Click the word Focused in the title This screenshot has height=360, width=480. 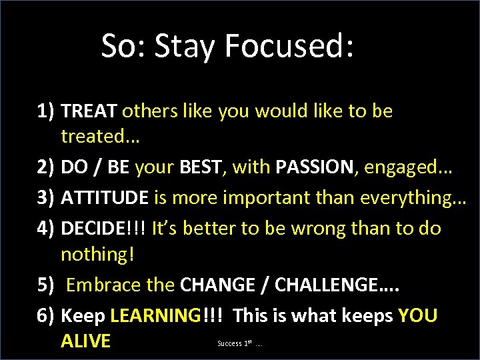[x=289, y=47]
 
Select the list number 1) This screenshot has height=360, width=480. [x=47, y=111]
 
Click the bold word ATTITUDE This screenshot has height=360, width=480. [x=105, y=199]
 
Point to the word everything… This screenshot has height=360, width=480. [x=410, y=199]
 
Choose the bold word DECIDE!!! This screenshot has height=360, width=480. [x=103, y=229]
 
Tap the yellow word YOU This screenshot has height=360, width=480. [x=417, y=315]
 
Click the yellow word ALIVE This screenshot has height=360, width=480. [x=85, y=341]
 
